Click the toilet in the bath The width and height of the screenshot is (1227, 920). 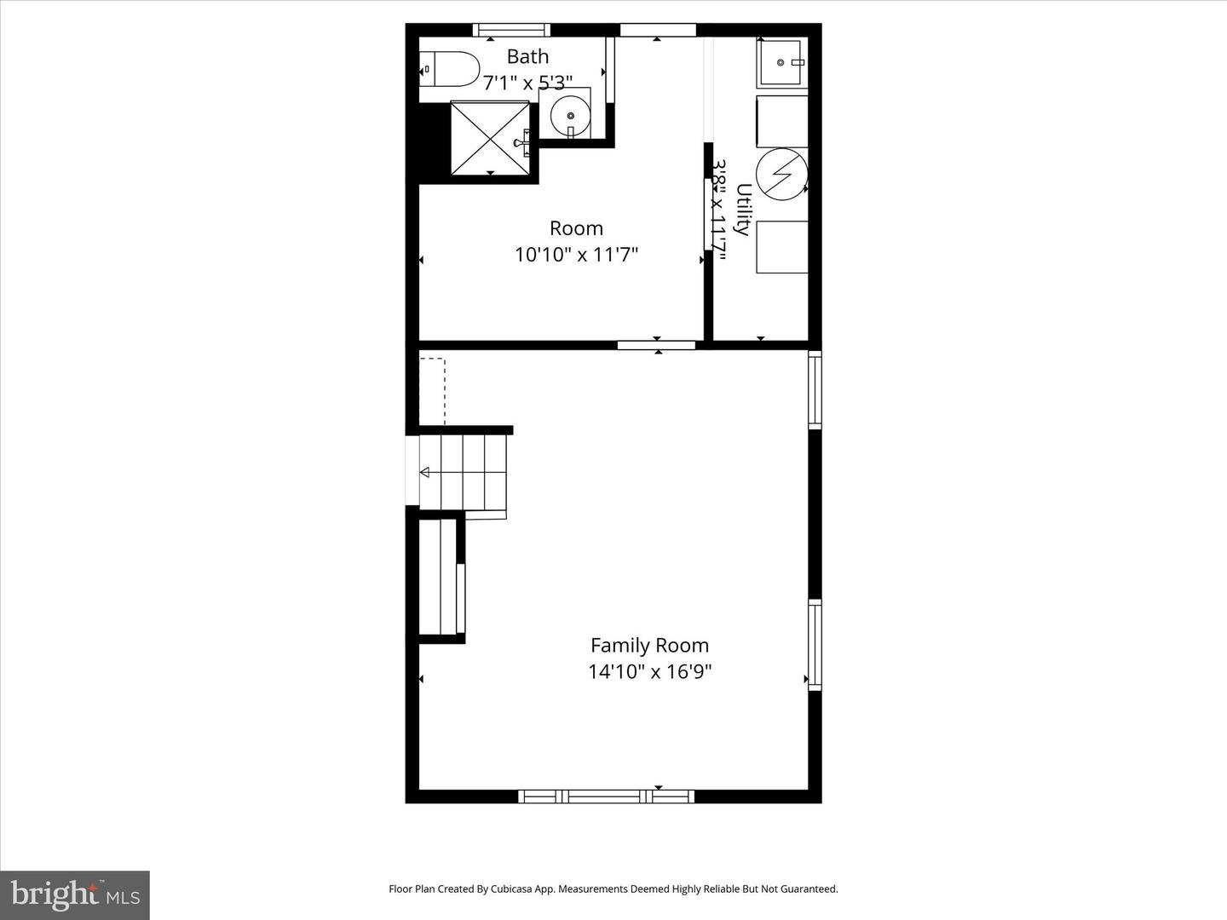coord(450,69)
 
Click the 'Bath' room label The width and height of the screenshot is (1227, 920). coord(527,56)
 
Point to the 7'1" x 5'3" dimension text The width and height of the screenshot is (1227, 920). coord(527,83)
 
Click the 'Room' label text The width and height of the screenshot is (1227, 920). coord(576,228)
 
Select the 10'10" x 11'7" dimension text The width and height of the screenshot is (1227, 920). coord(576,254)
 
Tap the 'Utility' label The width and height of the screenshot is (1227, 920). coord(742,209)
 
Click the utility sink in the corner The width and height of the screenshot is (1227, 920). coord(781,63)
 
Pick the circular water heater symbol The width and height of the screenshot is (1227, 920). coord(781,175)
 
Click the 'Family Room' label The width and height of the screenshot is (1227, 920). coord(649,646)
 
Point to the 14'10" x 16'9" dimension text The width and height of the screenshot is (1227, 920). coord(649,671)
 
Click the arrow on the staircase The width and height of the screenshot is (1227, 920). coord(424,472)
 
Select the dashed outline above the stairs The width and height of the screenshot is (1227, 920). coord(432,391)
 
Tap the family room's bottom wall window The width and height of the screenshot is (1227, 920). coord(606,796)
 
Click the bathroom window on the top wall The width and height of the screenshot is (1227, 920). coord(511,31)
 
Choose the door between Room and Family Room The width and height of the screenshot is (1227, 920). coord(656,345)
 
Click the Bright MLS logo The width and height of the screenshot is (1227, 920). coord(75,894)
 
